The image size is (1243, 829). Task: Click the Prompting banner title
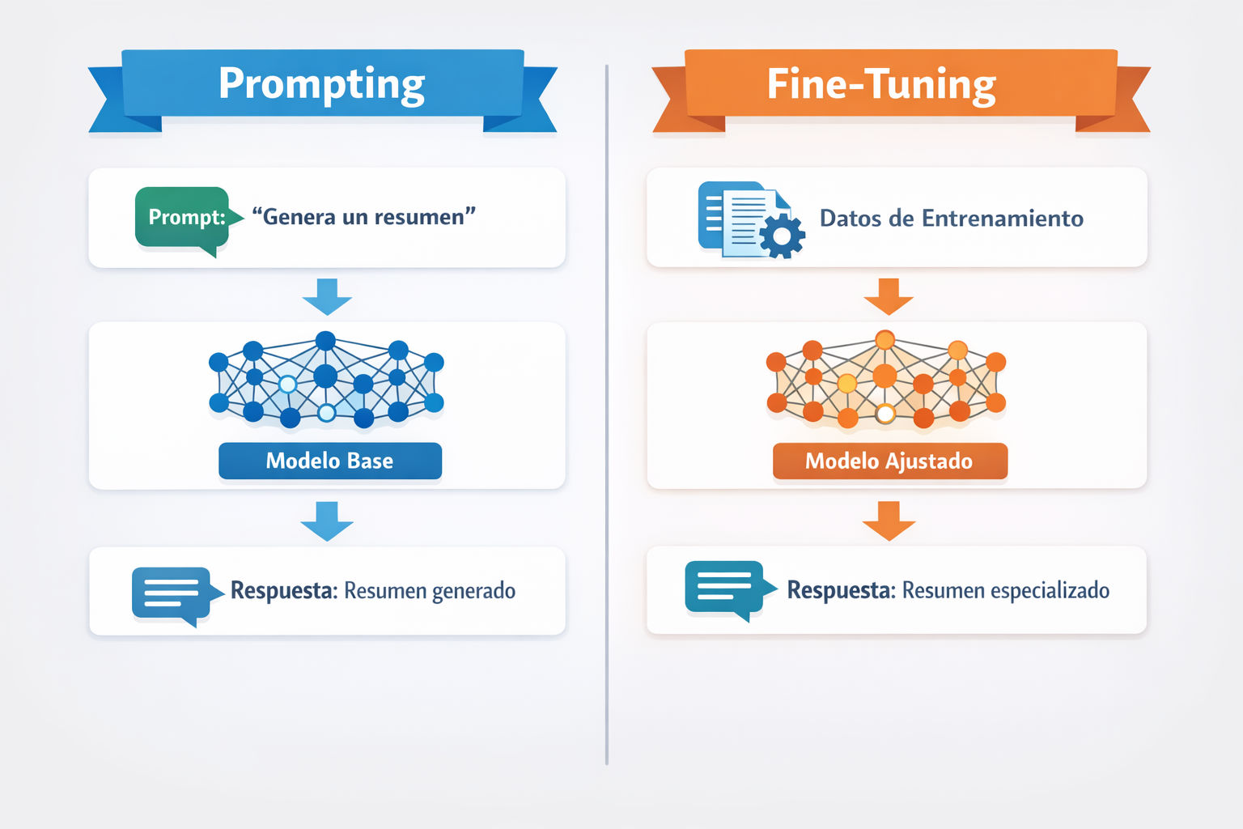(x=321, y=84)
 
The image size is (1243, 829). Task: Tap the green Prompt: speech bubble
(x=183, y=217)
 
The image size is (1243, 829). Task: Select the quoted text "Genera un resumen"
(x=363, y=217)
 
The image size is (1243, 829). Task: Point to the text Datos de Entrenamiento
(x=951, y=219)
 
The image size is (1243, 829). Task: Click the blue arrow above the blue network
(x=327, y=296)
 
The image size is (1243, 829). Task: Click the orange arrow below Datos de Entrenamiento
(x=889, y=296)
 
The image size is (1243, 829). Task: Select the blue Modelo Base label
(x=330, y=461)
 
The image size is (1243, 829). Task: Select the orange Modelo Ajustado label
(x=889, y=461)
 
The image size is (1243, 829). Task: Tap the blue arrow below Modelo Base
(x=327, y=521)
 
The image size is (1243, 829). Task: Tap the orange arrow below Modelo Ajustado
(x=889, y=521)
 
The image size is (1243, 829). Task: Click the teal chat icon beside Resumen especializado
(x=725, y=588)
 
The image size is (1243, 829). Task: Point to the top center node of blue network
(x=325, y=341)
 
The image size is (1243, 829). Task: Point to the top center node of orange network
(x=885, y=340)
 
